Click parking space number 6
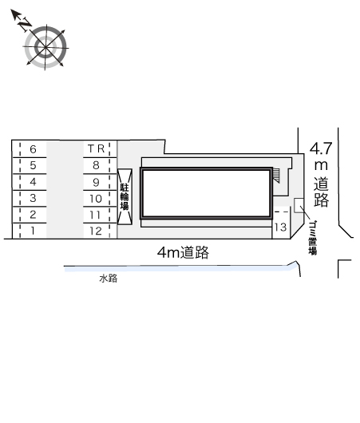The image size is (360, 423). click(x=30, y=149)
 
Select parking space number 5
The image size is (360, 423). click(x=30, y=165)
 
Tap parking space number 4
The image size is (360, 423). click(x=30, y=182)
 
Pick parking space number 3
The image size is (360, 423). click(x=30, y=198)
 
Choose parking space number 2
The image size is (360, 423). click(x=30, y=215)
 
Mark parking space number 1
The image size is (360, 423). click(x=30, y=231)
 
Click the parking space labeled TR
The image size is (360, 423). click(x=100, y=148)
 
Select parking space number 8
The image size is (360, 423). click(x=100, y=165)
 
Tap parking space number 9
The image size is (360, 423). click(x=100, y=182)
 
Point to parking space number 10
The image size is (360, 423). click(x=100, y=199)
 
